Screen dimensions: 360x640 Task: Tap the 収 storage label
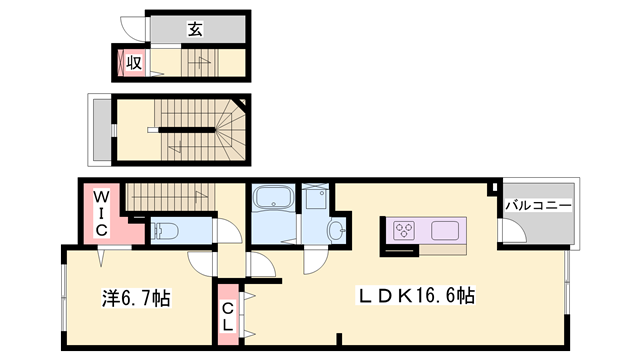click(x=131, y=63)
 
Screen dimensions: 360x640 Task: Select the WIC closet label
click(x=101, y=213)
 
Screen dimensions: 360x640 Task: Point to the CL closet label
click(x=228, y=315)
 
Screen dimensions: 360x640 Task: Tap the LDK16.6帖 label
click(x=417, y=297)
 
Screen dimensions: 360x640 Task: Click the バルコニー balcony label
click(x=537, y=205)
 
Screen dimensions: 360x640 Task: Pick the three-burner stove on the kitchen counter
click(x=406, y=230)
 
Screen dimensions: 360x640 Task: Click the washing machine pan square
click(x=317, y=197)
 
